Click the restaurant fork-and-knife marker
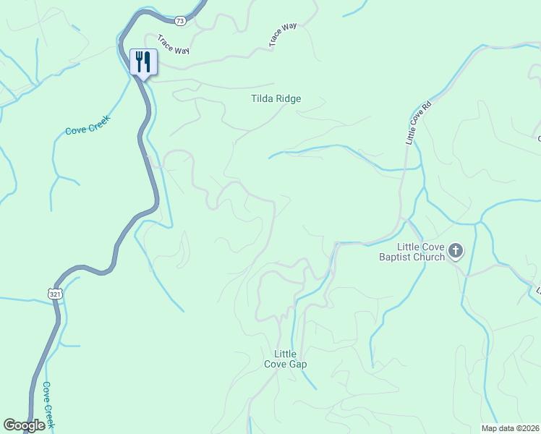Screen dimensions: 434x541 (142, 62)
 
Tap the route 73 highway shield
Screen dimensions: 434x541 (180, 21)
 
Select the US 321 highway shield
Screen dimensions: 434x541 (56, 294)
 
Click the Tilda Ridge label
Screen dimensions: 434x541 (276, 98)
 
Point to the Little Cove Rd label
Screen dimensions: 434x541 (418, 121)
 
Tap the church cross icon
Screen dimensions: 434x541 (456, 251)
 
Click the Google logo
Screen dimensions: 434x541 (24, 425)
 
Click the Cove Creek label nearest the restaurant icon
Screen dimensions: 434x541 (87, 125)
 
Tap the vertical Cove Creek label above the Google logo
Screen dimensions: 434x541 (48, 405)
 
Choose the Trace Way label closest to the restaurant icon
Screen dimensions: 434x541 (173, 55)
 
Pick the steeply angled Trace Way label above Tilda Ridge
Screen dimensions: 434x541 (283, 35)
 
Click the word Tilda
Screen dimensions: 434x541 (261, 98)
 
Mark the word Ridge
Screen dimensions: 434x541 (287, 98)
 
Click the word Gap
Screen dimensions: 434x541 (298, 364)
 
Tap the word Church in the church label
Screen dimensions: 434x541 (429, 257)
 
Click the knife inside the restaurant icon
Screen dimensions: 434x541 (146, 61)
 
